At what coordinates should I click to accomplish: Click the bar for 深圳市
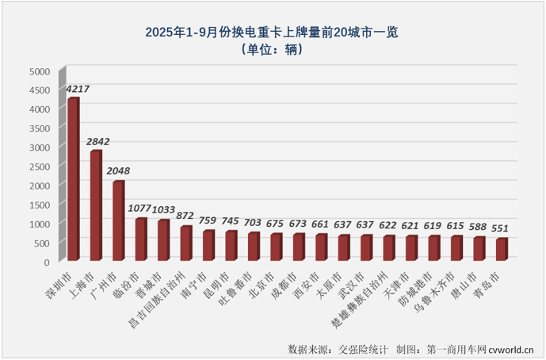point(73,179)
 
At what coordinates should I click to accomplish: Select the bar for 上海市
point(95,205)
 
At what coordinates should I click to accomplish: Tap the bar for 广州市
point(118,220)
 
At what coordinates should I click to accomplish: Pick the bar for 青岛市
point(502,249)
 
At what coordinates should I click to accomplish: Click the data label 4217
point(78,89)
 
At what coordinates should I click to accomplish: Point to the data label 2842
point(99,142)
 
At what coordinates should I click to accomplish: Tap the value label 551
point(498,229)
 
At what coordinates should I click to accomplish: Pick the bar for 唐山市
point(479,248)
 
